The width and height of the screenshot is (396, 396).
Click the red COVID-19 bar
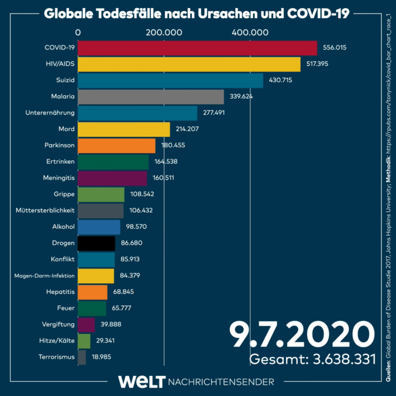click(x=197, y=48)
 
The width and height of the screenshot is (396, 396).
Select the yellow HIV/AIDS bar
click(x=189, y=64)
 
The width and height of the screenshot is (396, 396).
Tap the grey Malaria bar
click(x=151, y=97)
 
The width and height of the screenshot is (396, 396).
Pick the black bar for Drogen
click(x=96, y=243)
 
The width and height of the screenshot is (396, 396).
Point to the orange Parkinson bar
click(x=117, y=146)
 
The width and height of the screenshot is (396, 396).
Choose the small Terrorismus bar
click(x=82, y=357)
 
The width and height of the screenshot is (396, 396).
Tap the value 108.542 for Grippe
click(x=142, y=194)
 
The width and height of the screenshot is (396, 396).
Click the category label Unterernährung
click(x=50, y=113)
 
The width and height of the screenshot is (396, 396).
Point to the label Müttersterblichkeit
click(x=45, y=210)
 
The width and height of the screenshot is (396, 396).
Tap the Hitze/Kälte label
click(x=57, y=341)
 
